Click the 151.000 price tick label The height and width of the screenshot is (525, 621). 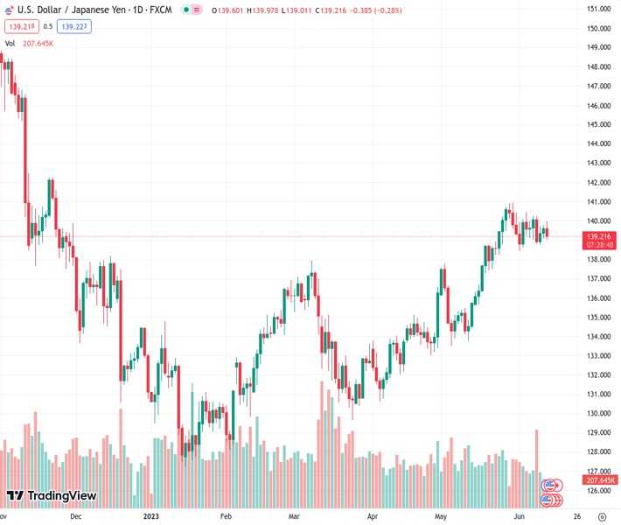(x=598, y=9)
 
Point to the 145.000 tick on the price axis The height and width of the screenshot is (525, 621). (x=598, y=124)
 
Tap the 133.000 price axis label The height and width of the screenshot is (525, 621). (x=598, y=355)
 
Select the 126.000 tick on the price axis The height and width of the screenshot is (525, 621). (x=598, y=490)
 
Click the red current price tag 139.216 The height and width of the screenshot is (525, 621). (x=599, y=236)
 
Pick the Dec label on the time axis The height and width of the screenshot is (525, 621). (x=76, y=517)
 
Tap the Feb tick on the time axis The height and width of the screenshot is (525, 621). (x=226, y=517)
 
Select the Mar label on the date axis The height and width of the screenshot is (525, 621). (x=295, y=517)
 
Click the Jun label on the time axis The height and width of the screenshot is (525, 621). (x=518, y=517)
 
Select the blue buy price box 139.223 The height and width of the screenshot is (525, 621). (x=75, y=26)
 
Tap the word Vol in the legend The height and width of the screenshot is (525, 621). (x=10, y=43)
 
